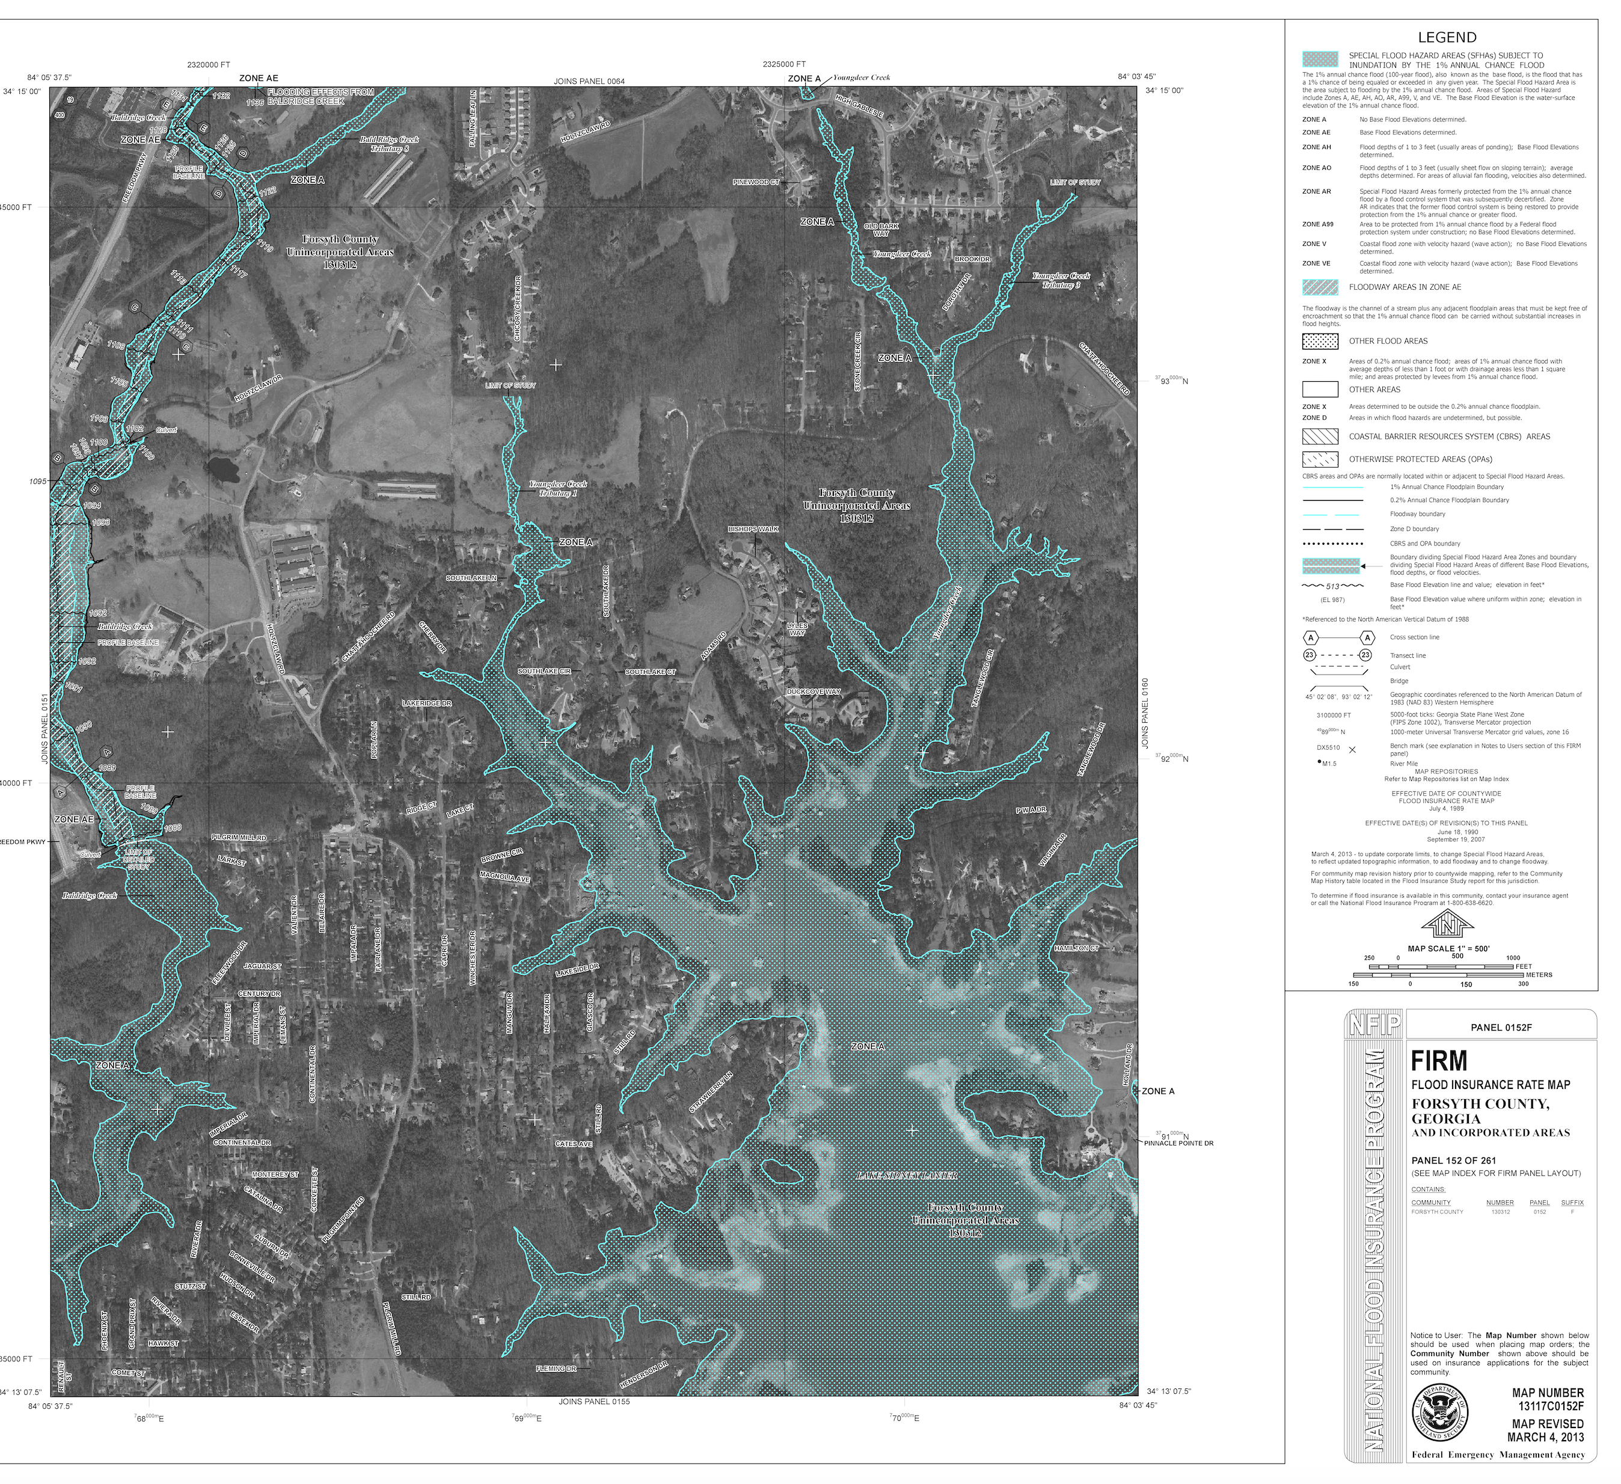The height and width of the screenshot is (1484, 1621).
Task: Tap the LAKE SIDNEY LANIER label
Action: point(906,1176)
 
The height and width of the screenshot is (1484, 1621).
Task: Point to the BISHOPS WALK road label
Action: point(753,529)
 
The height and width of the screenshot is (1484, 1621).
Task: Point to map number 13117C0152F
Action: point(1551,1406)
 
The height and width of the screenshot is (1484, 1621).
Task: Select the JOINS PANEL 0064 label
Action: point(589,81)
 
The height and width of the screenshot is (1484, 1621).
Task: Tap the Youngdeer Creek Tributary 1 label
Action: point(558,488)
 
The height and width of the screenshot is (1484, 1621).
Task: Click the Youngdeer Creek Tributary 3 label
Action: point(1061,280)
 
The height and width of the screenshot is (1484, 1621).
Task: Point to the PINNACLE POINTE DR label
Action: point(1178,1142)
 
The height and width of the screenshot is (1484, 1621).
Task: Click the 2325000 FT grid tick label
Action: point(784,64)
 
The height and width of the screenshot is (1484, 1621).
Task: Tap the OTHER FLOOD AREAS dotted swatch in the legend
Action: point(1320,341)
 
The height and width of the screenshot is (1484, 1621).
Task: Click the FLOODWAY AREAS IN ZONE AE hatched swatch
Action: point(1320,287)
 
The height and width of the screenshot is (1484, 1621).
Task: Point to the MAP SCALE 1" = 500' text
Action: point(1448,949)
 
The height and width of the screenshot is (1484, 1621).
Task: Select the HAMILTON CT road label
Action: point(1076,948)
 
